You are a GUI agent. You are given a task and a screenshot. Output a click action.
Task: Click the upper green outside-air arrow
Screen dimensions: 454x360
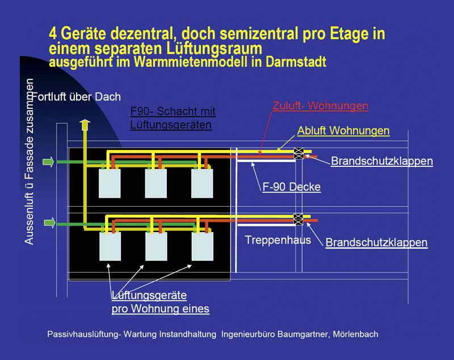point(48,162)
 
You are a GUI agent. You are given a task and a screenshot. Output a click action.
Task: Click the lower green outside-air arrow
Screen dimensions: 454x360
point(49,223)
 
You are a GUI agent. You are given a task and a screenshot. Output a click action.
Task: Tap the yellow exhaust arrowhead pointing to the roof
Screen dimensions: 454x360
point(85,123)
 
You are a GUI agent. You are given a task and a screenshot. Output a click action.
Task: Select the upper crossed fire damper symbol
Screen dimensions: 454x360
point(299,153)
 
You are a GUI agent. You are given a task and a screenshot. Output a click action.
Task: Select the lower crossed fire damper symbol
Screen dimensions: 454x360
point(299,219)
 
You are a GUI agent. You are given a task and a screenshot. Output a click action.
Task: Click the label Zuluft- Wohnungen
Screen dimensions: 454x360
point(320,106)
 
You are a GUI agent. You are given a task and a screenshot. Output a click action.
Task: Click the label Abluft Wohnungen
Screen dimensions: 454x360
point(343,131)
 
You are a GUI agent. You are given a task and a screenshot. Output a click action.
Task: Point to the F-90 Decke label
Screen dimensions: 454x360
point(292,187)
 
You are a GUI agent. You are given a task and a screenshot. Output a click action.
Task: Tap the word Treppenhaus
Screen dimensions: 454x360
point(278,240)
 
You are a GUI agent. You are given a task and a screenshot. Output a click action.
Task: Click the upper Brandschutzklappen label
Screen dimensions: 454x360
point(382,161)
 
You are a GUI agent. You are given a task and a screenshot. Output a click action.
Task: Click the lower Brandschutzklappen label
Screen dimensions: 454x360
point(376,242)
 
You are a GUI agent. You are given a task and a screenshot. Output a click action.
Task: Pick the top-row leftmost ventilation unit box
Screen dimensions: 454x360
point(110,183)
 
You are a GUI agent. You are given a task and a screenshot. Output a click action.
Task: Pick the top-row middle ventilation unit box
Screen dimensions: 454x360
point(155,183)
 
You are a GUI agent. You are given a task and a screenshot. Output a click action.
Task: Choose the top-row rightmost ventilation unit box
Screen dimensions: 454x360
point(202,183)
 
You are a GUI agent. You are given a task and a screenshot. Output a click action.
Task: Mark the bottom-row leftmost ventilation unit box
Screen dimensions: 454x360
point(110,246)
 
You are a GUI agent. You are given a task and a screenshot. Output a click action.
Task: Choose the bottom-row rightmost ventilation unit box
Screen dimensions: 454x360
point(203,246)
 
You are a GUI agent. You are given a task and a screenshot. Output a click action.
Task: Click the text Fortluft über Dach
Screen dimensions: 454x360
point(76,97)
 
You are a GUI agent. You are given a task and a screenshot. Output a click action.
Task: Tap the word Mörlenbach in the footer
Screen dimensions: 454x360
point(356,334)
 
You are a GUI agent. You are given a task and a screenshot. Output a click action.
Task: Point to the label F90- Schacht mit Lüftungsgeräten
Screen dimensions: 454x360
point(173,118)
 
